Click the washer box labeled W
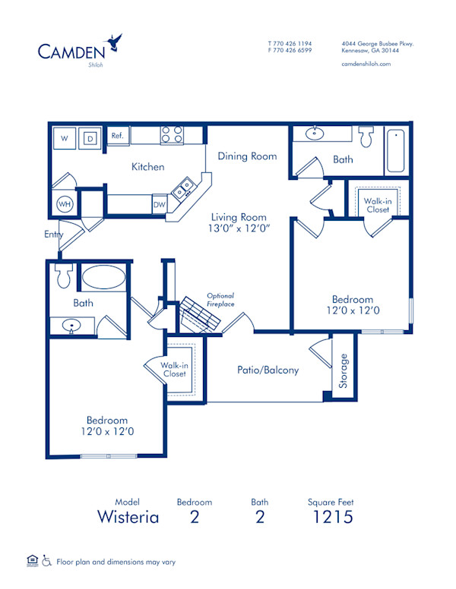coord(64,138)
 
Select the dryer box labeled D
coord(90,138)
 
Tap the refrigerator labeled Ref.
coord(118,136)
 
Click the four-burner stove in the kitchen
coord(172,135)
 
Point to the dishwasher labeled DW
coord(160,204)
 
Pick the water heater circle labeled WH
coord(65,204)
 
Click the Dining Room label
coord(247,156)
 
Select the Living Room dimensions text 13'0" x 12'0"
coord(240,228)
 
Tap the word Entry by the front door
coord(53,235)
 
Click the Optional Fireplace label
coord(220,300)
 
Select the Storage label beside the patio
coord(344,371)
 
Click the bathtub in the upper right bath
coord(397,151)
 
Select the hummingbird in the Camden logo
coord(116,41)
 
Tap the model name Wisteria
coord(128,518)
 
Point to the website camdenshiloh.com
coord(366,65)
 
